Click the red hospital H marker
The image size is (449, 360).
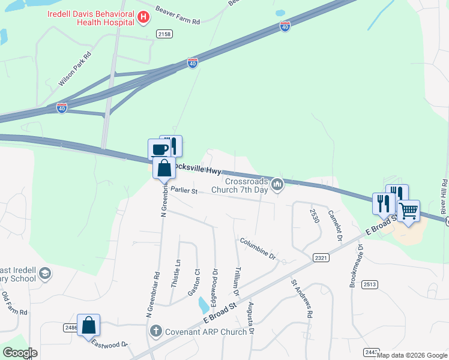pyautogui.click(x=143, y=17)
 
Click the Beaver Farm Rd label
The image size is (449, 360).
pyautogui.click(x=177, y=16)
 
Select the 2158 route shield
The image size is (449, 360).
pyautogui.click(x=164, y=34)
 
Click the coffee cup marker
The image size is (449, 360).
pyautogui.click(x=159, y=149)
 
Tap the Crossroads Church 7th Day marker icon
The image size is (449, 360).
pyautogui.click(x=277, y=184)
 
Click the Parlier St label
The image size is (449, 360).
pyautogui.click(x=184, y=191)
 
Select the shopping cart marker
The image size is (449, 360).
pyautogui.click(x=408, y=211)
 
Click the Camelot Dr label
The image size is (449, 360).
pyautogui.click(x=334, y=226)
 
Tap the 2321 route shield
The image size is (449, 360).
pyautogui.click(x=321, y=257)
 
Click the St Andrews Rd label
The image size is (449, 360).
pyautogui.click(x=302, y=298)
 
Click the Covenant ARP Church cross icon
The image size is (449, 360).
pyautogui.click(x=155, y=331)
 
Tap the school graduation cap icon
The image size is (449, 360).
pyautogui.click(x=44, y=274)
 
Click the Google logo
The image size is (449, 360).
pyautogui.click(x=20, y=353)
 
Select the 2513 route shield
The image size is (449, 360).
pyautogui.click(x=370, y=284)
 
